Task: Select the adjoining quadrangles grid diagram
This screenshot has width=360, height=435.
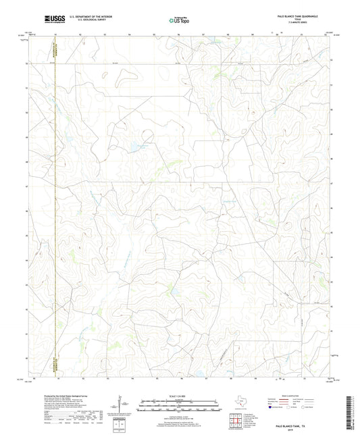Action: click(x=236, y=419)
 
